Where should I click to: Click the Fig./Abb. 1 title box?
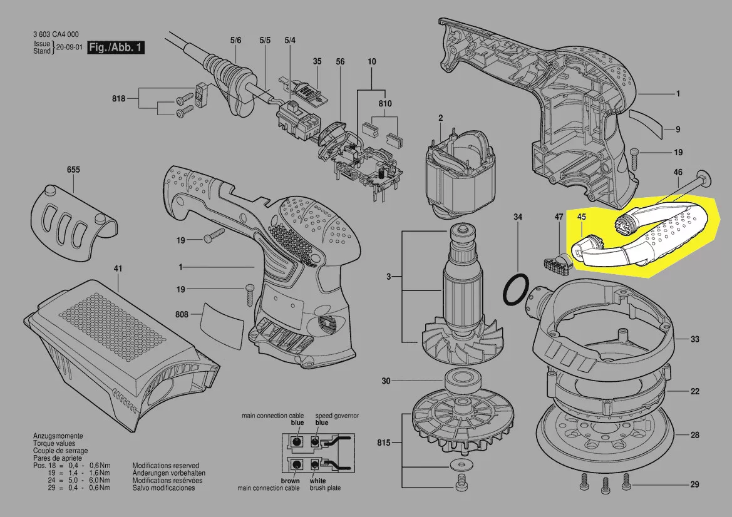[116, 48]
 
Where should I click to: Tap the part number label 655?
[73, 170]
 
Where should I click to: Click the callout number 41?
[118, 269]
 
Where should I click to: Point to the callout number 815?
[384, 442]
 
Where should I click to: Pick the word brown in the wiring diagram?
[291, 481]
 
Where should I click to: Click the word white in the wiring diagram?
[318, 481]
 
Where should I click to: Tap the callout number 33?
[694, 339]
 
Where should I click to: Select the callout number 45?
[582, 217]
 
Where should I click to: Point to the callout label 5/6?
[235, 40]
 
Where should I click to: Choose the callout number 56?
[340, 61]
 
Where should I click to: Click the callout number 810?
[385, 103]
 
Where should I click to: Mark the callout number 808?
[182, 314]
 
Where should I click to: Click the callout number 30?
[386, 381]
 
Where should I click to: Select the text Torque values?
[54, 443]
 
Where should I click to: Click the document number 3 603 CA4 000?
[56, 34]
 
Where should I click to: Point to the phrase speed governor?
[337, 416]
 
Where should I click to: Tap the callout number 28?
[694, 435]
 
